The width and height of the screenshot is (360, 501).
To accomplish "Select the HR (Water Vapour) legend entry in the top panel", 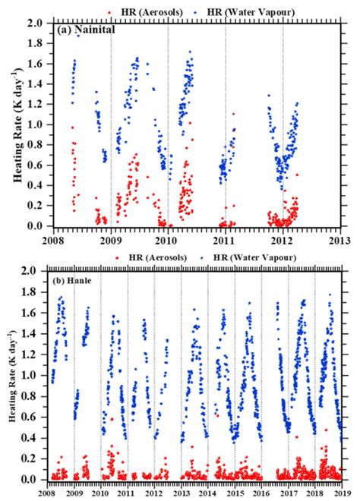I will (235, 11).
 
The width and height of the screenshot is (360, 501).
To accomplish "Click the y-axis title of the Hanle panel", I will (17, 376).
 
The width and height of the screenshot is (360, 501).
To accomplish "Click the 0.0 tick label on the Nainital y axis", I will (36, 226).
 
